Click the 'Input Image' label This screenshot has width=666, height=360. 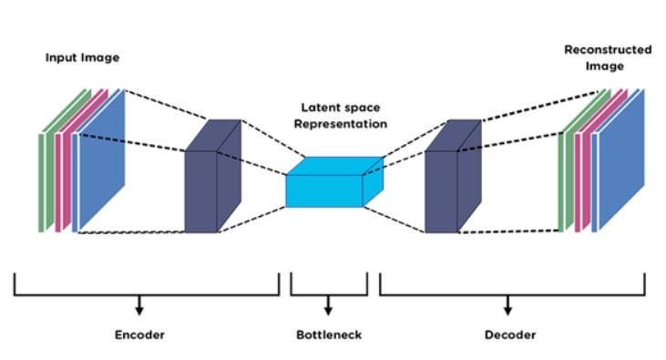click(82, 57)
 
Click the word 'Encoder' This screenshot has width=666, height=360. click(139, 334)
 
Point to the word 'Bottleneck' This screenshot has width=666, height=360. click(329, 334)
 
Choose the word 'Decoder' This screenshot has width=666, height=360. click(509, 334)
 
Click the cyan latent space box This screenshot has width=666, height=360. click(326, 187)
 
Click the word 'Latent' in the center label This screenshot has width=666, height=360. click(320, 108)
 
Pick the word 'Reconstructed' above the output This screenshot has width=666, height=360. click(608, 49)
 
